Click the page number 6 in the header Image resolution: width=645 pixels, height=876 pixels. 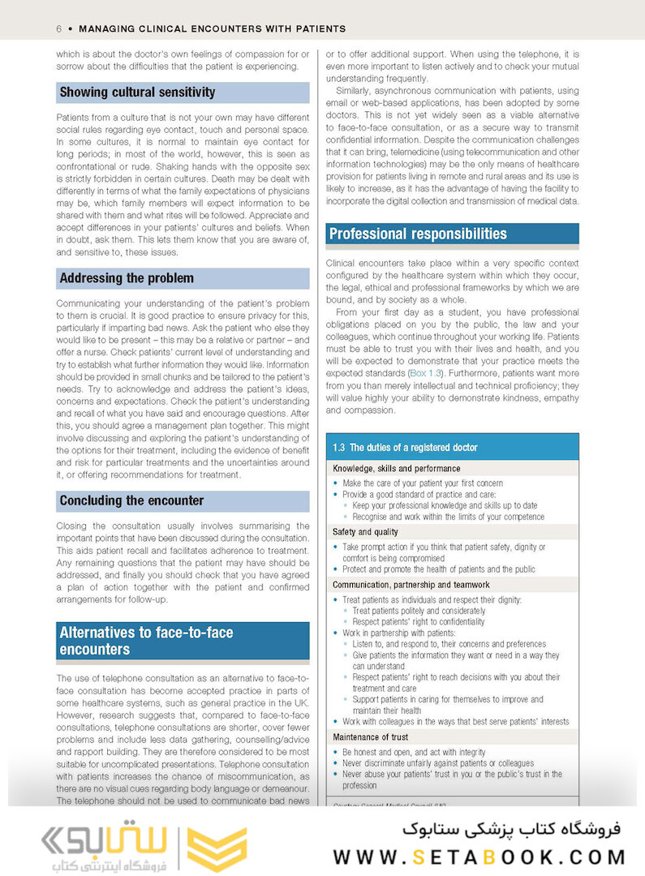[59, 28]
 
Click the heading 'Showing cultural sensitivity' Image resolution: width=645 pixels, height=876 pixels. [137, 92]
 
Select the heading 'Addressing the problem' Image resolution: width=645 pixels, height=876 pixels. [127, 278]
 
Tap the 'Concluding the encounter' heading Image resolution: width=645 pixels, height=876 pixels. [131, 500]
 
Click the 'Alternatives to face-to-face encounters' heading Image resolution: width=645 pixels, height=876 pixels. [146, 641]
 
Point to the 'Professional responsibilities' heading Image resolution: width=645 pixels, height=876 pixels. [418, 234]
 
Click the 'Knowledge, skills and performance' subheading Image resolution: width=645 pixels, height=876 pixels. [396, 468]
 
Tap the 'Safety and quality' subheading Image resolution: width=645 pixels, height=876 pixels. [365, 532]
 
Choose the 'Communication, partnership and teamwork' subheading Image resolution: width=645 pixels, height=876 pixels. [411, 584]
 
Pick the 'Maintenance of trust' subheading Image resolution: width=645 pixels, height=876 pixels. [370, 737]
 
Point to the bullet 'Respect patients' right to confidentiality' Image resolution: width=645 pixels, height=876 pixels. [419, 622]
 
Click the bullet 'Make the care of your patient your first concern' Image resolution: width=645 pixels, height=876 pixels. [422, 483]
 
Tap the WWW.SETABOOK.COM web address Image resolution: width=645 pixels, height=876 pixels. [479, 857]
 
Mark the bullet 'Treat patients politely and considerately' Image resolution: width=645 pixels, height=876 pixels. [419, 611]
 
